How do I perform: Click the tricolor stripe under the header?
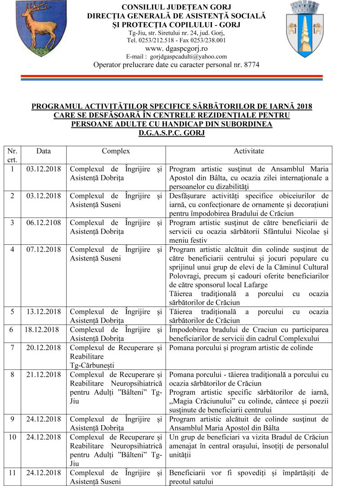coord(171,77)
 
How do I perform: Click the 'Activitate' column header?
coord(249,151)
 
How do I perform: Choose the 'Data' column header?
coord(44,151)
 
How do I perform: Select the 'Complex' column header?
coord(116,151)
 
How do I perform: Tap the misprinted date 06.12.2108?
coord(44,223)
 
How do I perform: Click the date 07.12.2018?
coord(44,249)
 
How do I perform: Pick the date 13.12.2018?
coord(44,311)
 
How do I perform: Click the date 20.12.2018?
coord(44,347)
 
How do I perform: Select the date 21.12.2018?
coord(44,374)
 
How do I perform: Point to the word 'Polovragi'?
coord(184,276)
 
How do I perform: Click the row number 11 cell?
coord(12,472)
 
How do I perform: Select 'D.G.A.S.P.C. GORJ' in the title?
coord(171,133)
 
